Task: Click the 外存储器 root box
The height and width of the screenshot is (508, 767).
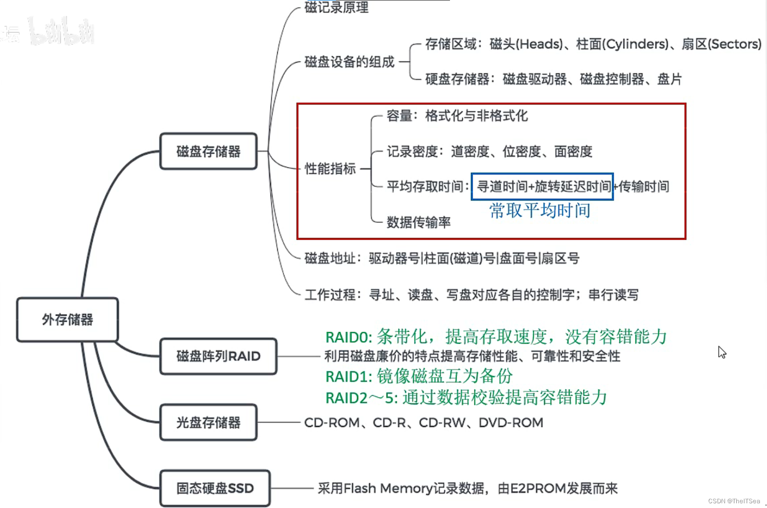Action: (67, 319)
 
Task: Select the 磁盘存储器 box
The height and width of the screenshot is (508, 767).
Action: (208, 152)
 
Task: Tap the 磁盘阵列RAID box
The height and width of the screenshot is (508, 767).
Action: (218, 356)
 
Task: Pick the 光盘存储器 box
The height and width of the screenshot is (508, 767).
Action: (208, 422)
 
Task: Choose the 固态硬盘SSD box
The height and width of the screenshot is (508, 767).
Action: (215, 488)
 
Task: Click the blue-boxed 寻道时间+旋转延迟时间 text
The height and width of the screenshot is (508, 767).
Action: (542, 187)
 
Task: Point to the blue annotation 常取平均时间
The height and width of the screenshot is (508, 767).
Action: (539, 210)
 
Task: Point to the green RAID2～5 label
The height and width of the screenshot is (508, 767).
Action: (361, 398)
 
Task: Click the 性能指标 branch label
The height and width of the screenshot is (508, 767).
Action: (330, 169)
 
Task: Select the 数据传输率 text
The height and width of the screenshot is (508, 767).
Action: (418, 222)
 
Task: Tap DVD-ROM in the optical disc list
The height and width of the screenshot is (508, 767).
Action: (511, 423)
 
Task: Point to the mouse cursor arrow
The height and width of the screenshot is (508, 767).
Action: (721, 352)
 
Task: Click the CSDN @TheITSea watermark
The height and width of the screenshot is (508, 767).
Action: (734, 501)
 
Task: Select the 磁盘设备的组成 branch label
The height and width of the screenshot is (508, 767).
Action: (349, 62)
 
